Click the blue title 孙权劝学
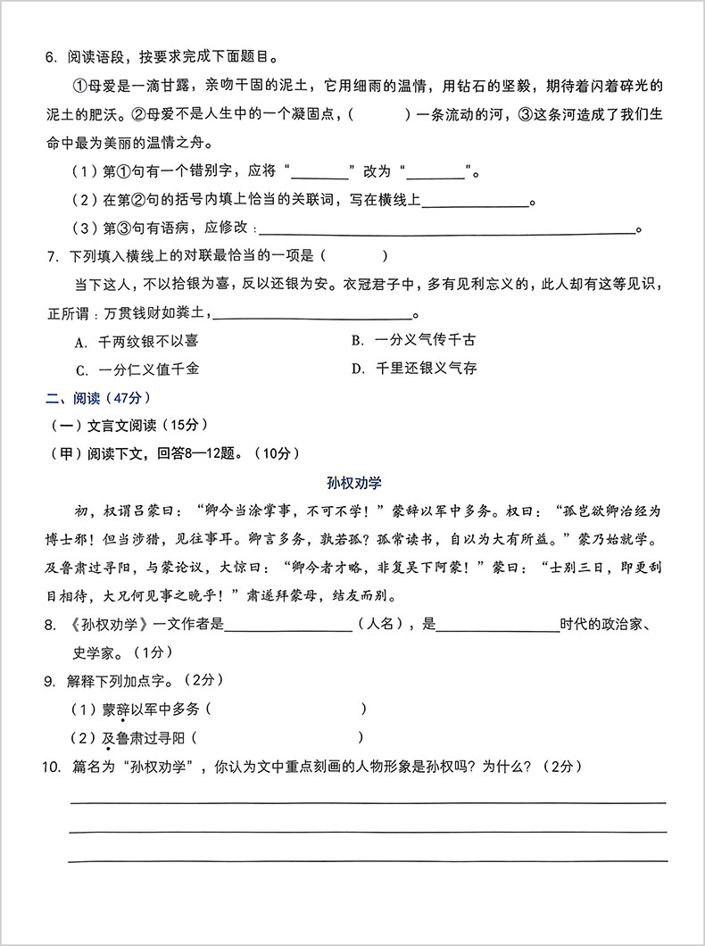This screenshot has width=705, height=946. coord(353,483)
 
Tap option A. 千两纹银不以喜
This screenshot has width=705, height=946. coord(137,341)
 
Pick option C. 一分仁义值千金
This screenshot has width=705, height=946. coord(137,369)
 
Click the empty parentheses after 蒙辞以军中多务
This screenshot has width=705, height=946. coord(286,709)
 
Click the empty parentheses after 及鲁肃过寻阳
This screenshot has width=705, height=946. coord(278,738)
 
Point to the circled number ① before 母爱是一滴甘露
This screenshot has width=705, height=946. coord(76,87)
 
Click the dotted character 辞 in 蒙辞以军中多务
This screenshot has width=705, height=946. coord(122,709)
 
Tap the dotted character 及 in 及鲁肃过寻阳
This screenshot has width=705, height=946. coord(108,738)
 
